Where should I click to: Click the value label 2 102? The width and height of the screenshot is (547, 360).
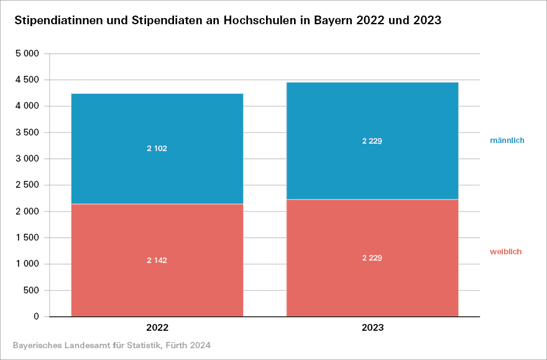click(157, 149)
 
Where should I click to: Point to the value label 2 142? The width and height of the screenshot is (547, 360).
click(157, 260)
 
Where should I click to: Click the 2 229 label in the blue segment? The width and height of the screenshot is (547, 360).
click(372, 141)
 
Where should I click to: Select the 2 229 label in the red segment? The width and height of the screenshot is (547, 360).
click(372, 258)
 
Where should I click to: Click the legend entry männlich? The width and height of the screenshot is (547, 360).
click(507, 141)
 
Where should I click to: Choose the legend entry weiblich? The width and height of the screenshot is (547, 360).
click(505, 252)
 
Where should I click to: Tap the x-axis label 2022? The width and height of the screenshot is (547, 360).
click(157, 327)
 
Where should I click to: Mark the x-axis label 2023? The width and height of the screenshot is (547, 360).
click(372, 327)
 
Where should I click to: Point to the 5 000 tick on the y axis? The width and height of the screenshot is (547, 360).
click(27, 54)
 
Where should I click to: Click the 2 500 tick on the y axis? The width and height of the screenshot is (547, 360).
click(27, 185)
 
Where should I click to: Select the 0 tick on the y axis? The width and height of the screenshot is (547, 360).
click(36, 316)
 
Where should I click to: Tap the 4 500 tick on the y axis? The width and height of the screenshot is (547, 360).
click(27, 80)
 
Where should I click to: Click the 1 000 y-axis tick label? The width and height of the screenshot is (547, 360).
click(27, 264)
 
